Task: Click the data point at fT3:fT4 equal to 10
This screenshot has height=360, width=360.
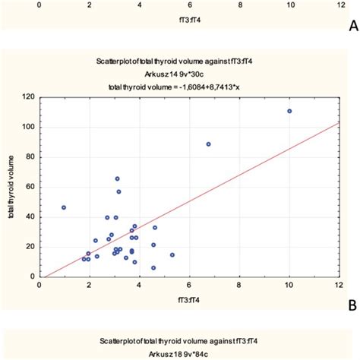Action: point(289,111)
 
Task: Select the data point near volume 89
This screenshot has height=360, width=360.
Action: point(209,144)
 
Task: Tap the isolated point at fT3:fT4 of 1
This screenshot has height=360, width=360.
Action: point(64,207)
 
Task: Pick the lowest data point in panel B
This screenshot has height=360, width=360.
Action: point(153,267)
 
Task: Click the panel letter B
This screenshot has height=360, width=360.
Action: point(352,305)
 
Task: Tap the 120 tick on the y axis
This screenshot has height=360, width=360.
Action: point(30,97)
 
